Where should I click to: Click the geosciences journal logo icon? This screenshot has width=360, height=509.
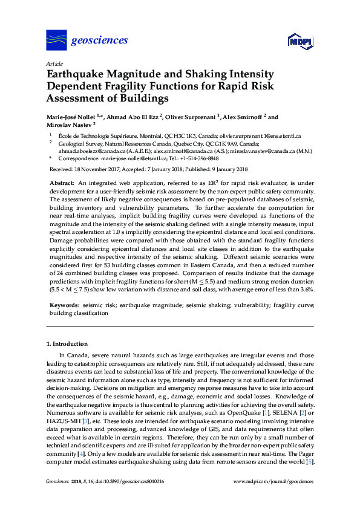(56, 40)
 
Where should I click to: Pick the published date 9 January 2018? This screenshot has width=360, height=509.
(227, 169)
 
